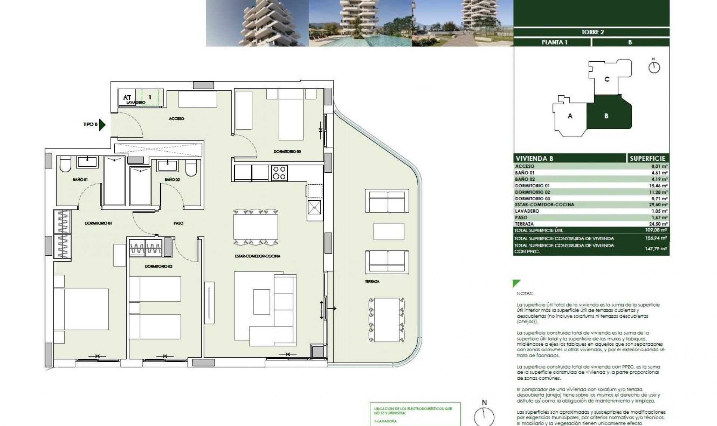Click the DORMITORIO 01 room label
pos(98,223)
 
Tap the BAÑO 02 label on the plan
pos(172,179)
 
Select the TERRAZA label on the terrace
pos(372,281)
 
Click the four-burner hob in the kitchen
pos(279,173)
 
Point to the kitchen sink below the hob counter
pos(314,207)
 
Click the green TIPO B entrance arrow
pos(102,124)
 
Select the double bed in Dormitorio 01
pos(81,309)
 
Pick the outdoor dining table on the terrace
pos(387,319)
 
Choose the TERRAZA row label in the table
pos(524,224)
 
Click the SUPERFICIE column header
pos(647,158)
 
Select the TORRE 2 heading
pos(593,32)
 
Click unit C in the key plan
pos(607,79)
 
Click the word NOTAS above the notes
pos(525,294)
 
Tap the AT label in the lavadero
pos(127,98)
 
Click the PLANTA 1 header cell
pos(554,42)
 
